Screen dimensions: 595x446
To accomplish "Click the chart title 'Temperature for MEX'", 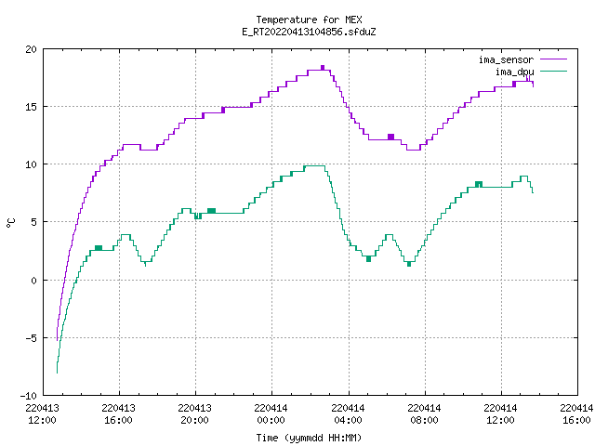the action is pos(309,20).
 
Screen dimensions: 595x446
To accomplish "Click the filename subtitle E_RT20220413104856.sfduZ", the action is pos(309,32).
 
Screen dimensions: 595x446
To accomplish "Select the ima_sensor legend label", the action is pos(506,59).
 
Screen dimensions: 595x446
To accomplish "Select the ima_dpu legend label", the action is pos(515,72).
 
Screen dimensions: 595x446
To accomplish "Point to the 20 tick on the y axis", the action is pos(31,49).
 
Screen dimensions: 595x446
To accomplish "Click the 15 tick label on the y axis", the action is pos(31,107).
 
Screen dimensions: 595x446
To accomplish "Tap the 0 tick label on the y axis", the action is pos(33,281).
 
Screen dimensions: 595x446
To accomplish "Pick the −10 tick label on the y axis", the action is pos(28,396).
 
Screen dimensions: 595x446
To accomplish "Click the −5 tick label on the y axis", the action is pos(31,338).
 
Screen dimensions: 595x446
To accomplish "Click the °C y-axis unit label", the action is pos(10,223).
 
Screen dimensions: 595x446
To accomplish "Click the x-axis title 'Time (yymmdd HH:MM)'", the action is pos(309,438).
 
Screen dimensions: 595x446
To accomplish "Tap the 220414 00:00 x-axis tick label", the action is pos(271,414).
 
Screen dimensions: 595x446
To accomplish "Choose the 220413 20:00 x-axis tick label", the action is pos(194,414).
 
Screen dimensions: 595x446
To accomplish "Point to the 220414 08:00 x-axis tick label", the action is pos(424,414).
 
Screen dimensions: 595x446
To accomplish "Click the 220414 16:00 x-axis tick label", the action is pos(576,414).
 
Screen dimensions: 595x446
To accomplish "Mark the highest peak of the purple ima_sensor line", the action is pos(323,67).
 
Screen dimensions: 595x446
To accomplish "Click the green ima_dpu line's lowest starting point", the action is pos(57,374).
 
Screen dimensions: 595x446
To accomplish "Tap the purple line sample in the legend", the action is pos(553,59).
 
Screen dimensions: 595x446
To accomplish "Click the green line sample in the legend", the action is pos(553,72).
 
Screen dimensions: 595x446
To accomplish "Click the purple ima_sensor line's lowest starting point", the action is pos(57,341).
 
